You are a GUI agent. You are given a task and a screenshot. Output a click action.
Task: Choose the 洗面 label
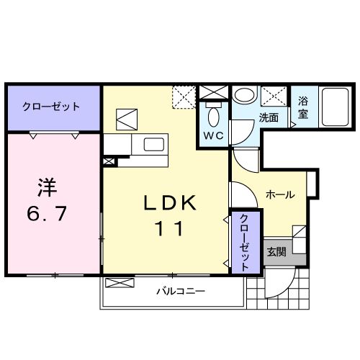coord(269,118)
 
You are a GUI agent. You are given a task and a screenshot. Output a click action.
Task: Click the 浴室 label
coord(303,108)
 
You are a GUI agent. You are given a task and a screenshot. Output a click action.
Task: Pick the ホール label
coord(279,194)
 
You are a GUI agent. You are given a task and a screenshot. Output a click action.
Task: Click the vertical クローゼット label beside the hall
coord(245,241)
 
